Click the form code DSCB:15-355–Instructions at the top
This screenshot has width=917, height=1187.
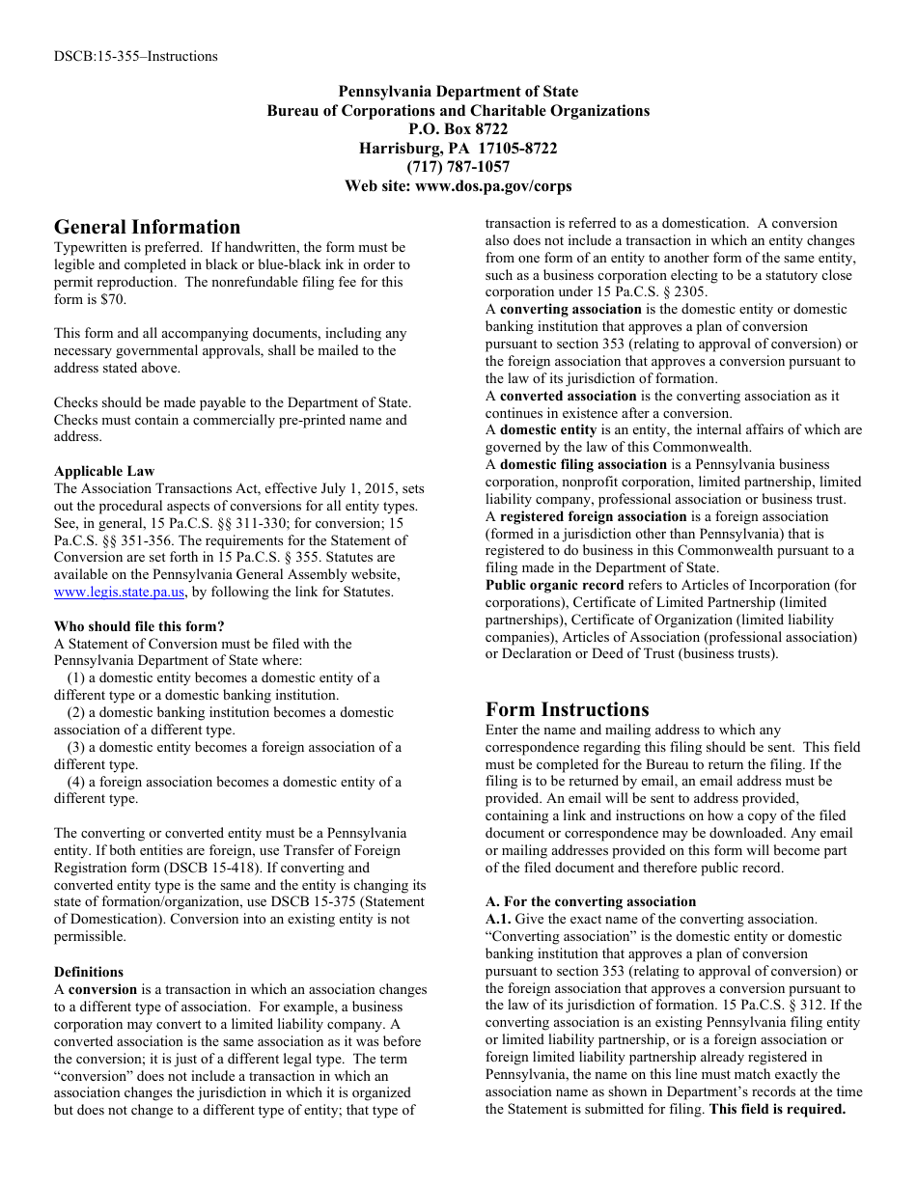coord(135,56)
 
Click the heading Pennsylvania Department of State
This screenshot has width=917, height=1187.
coord(458,92)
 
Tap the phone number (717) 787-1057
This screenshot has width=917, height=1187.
coord(458,167)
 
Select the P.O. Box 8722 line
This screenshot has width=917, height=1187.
coord(458,129)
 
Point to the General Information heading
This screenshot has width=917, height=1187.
coord(147,228)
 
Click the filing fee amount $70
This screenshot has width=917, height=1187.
coord(113,299)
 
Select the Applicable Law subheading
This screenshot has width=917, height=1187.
coord(104,471)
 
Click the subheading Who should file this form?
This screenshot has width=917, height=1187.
coord(139,626)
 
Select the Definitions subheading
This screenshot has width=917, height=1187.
coord(89,972)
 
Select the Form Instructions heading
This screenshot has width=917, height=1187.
coord(568,709)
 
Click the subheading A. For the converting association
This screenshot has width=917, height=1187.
coord(591,901)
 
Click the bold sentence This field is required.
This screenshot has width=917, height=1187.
coord(777,1109)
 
